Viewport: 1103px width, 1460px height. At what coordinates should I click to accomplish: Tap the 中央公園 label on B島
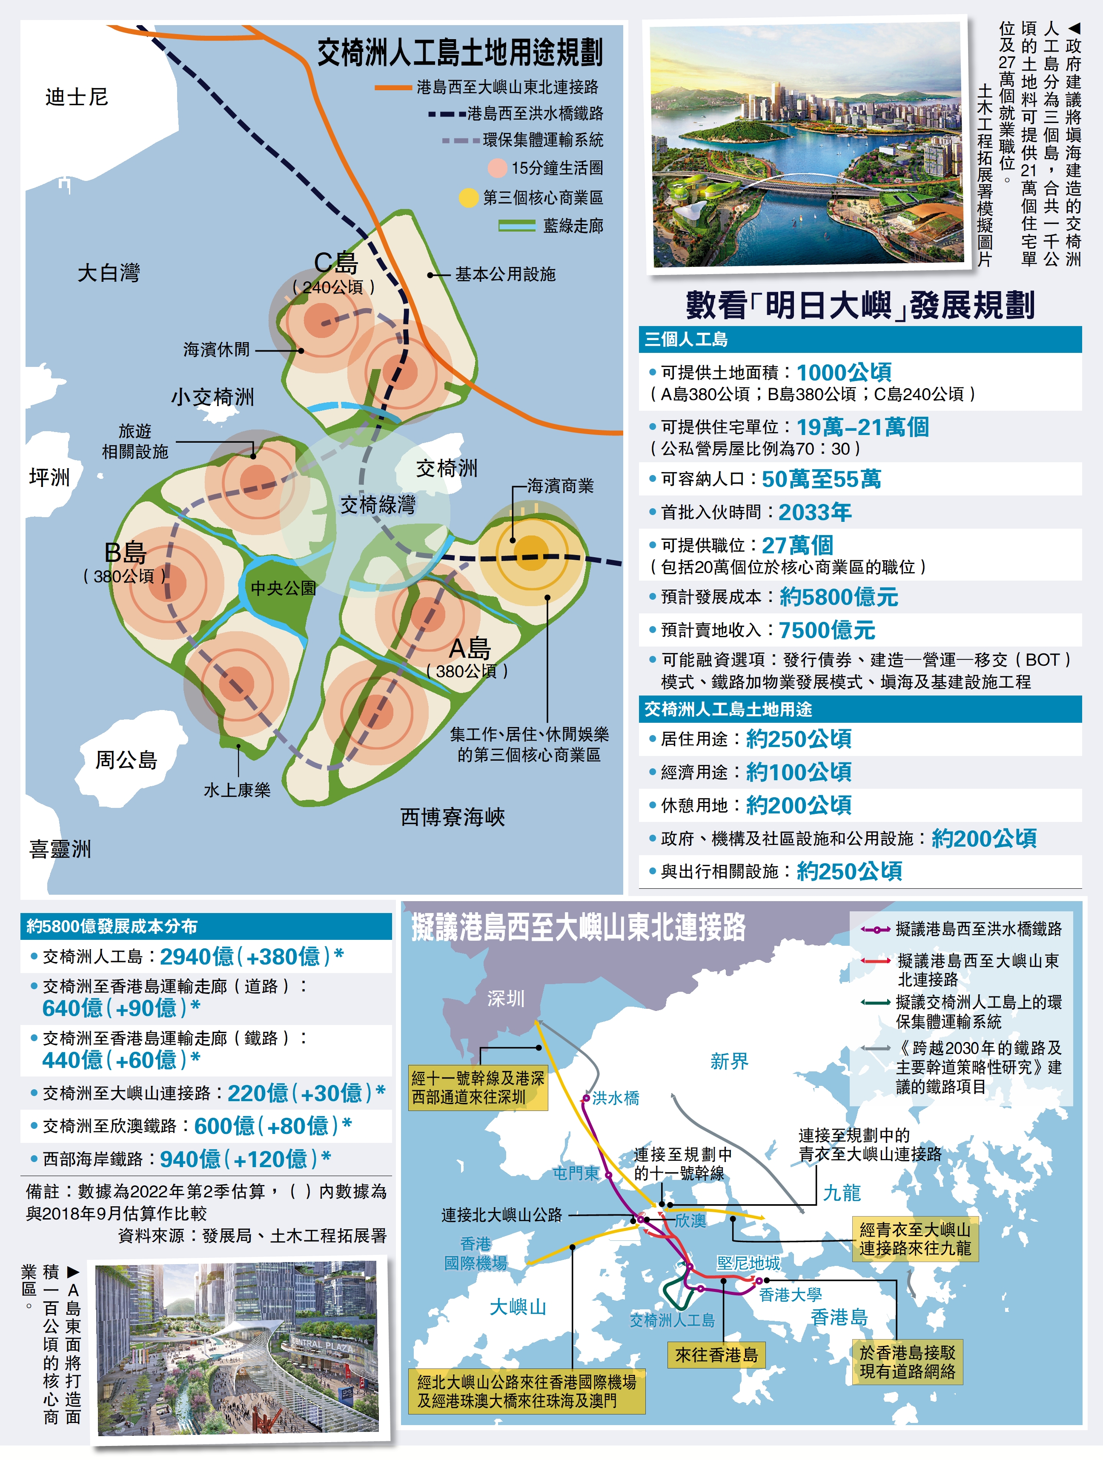pos(283,587)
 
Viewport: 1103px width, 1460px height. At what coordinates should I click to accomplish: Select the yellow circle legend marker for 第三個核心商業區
pos(468,198)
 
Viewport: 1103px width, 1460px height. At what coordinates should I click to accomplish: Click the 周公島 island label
pos(126,760)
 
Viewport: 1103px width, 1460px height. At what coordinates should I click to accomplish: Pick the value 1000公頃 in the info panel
pos(844,372)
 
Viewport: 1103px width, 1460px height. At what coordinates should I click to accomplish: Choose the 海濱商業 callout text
pos(560,486)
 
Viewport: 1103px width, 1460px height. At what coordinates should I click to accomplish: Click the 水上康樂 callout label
pos(237,790)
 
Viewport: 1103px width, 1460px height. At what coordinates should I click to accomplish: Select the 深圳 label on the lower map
pos(506,999)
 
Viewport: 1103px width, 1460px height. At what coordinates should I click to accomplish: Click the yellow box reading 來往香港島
pos(716,1355)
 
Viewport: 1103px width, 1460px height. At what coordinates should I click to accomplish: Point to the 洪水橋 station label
pos(615,1098)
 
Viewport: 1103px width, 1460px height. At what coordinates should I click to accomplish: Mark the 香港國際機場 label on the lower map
pos(475,1254)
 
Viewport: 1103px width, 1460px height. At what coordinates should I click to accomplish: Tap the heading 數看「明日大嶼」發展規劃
pos(859,305)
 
